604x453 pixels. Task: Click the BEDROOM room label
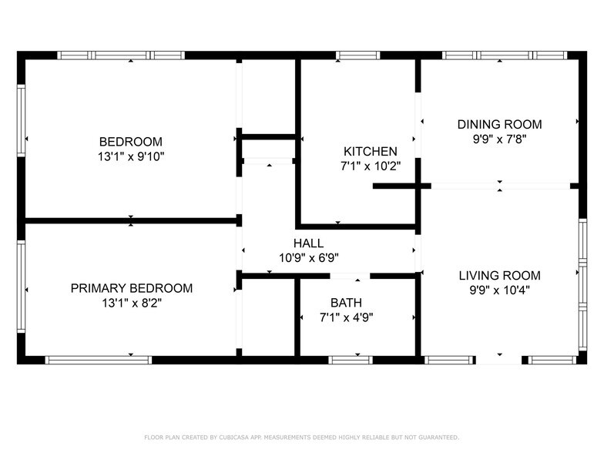[131, 141]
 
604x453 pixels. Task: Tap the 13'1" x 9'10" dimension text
[131, 156]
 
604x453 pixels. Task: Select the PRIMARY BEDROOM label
[132, 288]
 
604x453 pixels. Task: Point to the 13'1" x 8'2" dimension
[132, 303]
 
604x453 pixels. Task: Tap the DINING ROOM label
[500, 124]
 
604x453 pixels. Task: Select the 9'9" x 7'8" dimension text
[500, 139]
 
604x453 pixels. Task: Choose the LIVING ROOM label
[500, 275]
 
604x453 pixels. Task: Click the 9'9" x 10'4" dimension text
[500, 290]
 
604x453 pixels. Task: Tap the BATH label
[346, 303]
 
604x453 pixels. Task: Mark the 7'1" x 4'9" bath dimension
[346, 317]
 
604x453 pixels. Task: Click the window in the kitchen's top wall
[358, 55]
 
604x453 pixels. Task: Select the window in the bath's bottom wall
[351, 360]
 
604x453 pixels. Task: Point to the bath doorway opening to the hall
[351, 276]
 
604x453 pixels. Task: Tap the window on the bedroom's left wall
[22, 119]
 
